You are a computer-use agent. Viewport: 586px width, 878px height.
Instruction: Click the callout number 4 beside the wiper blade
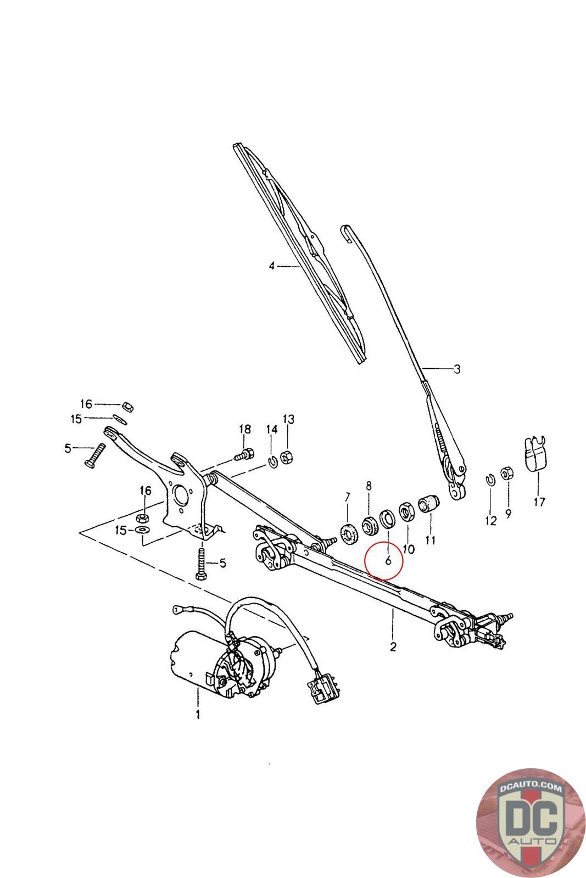click(271, 266)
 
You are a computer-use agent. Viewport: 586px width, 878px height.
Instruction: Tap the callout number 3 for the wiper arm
click(457, 369)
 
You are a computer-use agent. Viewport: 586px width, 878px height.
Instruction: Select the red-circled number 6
click(388, 560)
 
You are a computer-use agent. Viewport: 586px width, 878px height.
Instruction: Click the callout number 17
click(539, 502)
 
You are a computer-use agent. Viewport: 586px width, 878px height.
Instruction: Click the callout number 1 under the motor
click(197, 714)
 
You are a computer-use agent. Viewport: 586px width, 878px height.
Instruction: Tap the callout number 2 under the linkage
click(393, 646)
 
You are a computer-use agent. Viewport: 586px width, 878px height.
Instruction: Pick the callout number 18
click(244, 429)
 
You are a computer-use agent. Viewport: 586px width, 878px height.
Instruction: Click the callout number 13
click(288, 419)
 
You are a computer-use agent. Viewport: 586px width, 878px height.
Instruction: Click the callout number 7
click(347, 498)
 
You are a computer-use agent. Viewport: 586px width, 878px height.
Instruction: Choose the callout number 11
click(430, 541)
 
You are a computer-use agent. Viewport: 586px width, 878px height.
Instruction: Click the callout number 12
click(490, 520)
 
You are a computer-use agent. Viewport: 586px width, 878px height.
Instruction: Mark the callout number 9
click(508, 515)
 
